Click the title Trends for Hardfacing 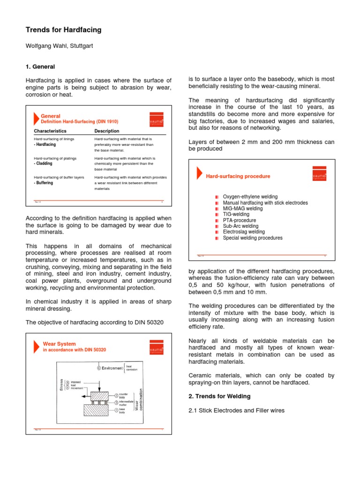[63, 30]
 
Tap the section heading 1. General [40, 67]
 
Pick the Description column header [107, 131]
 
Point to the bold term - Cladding [43, 164]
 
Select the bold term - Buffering [44, 183]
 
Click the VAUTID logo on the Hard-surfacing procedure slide [319, 174]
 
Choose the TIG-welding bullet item [236, 214]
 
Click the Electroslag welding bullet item [244, 232]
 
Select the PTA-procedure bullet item [240, 220]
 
